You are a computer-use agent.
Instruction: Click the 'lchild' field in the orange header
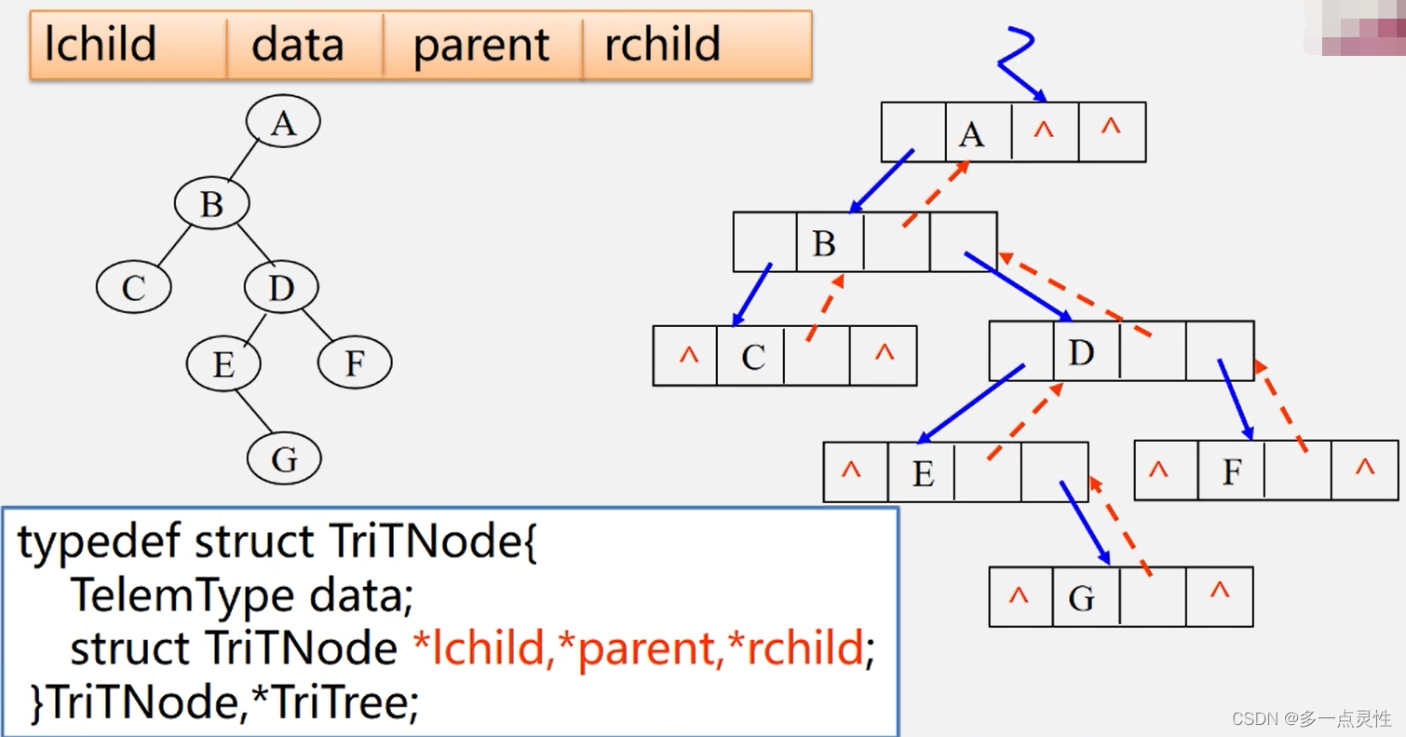[101, 44]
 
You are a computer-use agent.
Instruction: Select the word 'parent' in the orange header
[481, 46]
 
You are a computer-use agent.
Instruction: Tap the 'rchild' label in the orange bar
[662, 44]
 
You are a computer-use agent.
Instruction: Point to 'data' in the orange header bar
[298, 44]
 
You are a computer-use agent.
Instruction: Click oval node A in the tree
[283, 121]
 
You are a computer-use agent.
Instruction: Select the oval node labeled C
[134, 286]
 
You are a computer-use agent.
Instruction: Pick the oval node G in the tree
[284, 458]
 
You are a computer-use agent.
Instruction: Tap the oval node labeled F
[355, 362]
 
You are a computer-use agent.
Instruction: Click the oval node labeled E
[223, 363]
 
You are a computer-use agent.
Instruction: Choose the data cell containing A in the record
[979, 132]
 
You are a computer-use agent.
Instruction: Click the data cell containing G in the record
[1086, 597]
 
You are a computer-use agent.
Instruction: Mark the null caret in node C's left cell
[688, 355]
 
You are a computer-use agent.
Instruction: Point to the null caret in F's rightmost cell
[1365, 467]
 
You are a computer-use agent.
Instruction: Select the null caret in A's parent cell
[1043, 130]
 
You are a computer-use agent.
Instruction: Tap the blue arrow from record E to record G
[1085, 523]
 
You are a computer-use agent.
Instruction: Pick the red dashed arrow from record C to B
[825, 307]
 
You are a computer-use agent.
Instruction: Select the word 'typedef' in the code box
[100, 541]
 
